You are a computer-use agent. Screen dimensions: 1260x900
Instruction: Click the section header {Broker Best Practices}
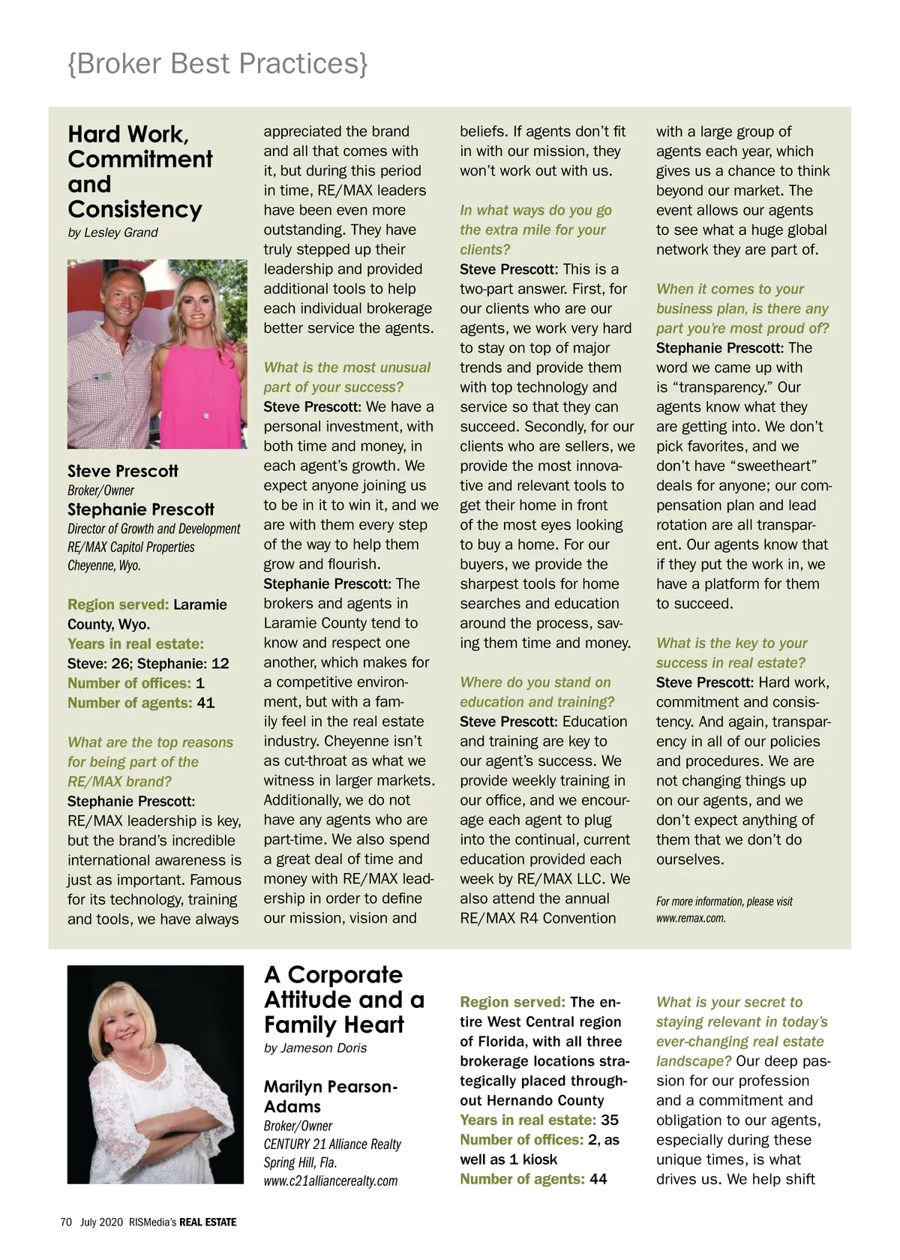[217, 64]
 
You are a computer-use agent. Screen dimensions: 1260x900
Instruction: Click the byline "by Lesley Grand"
[112, 232]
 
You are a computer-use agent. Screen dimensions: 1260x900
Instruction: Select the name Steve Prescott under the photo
[123, 471]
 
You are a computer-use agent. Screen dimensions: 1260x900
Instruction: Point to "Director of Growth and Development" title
[154, 529]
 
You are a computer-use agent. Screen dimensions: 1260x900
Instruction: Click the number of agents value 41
[205, 703]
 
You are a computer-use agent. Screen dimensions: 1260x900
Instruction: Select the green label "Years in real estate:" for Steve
[136, 643]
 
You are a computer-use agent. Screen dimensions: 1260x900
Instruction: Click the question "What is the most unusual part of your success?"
[346, 377]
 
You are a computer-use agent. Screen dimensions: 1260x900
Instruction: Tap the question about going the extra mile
[535, 229]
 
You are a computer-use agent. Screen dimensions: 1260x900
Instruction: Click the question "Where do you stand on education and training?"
[536, 692]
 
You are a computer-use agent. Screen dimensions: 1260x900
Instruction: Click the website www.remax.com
[691, 917]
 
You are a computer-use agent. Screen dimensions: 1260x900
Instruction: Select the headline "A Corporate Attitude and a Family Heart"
[344, 999]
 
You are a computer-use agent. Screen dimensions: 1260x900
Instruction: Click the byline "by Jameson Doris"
[315, 1048]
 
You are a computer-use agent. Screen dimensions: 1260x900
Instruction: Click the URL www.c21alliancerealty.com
[331, 1180]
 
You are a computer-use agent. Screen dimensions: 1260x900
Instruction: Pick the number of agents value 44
[598, 1179]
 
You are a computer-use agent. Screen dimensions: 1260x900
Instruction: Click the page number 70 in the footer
[65, 1222]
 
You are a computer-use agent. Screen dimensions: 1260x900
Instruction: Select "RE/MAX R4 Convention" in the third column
[538, 918]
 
